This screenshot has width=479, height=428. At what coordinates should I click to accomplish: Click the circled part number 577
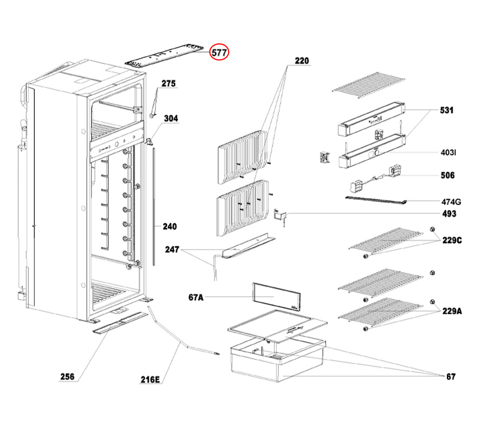tap(220, 52)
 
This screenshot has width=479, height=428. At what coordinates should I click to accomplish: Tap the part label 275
tap(168, 83)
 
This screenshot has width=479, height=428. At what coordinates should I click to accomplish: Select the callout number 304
tap(171, 118)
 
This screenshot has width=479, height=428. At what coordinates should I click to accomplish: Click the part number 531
tap(446, 110)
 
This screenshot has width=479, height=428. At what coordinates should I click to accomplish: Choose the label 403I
tap(448, 153)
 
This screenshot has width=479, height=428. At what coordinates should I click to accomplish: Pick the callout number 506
tap(448, 175)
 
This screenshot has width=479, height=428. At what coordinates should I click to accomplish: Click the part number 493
tap(449, 214)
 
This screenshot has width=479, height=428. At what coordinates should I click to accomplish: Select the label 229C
tap(451, 241)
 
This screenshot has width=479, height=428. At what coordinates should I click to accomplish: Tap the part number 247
tap(173, 249)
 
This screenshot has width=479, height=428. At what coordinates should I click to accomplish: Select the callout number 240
tap(169, 226)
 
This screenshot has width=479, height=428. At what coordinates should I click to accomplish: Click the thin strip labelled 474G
tap(376, 199)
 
